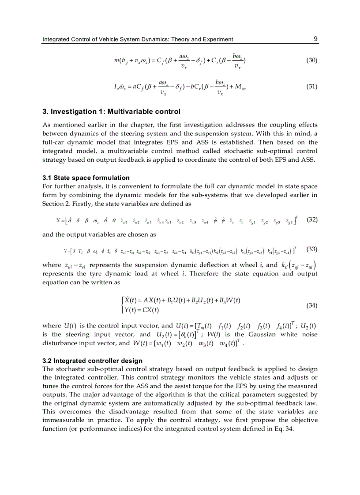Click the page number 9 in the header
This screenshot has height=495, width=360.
pyautogui.click(x=315, y=39)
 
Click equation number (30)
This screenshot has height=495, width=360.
pyautogui.click(x=311, y=60)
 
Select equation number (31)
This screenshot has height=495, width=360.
pyautogui.click(x=311, y=86)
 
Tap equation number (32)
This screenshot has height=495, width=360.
pyautogui.click(x=311, y=219)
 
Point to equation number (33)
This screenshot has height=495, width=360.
pyautogui.click(x=311, y=249)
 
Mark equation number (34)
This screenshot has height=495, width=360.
pyautogui.click(x=311, y=305)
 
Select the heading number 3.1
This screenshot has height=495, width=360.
pyautogui.click(x=47, y=178)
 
